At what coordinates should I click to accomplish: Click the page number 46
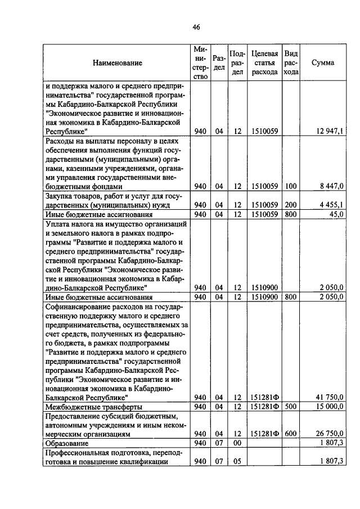[x=180, y=27]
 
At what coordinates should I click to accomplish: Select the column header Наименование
[x=118, y=63]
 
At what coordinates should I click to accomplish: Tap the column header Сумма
[x=323, y=63]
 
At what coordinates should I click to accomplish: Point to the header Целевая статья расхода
[x=264, y=63]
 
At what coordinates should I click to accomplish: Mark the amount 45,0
[x=336, y=214]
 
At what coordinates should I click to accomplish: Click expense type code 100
[x=290, y=186]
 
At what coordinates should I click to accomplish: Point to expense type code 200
[x=290, y=205]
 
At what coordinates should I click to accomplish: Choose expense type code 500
[x=290, y=407]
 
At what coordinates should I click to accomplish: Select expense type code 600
[x=290, y=434]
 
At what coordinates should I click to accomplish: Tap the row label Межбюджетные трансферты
[x=93, y=407]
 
